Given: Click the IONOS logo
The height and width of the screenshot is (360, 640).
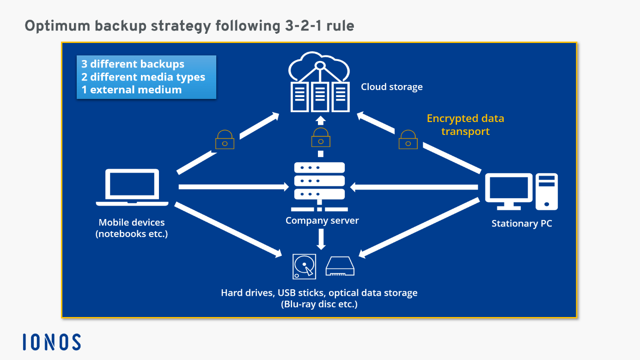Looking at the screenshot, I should click(x=52, y=342).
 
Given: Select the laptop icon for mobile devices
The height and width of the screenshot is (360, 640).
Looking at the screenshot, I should click(x=132, y=187).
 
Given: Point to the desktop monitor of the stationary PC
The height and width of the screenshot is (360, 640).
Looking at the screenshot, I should click(x=508, y=190).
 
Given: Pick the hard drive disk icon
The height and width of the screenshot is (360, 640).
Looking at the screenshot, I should click(x=305, y=266).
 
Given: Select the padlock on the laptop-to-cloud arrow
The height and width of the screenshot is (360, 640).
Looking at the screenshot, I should click(x=225, y=140).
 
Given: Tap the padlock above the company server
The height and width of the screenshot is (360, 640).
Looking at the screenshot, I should click(x=321, y=137).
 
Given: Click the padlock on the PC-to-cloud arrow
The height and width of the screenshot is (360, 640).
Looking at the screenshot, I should click(x=408, y=140).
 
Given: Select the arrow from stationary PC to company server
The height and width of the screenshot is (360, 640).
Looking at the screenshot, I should click(x=414, y=187).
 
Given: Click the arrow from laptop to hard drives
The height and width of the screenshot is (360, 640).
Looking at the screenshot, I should click(x=229, y=229).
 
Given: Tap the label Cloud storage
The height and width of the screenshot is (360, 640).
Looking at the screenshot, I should click(x=391, y=87).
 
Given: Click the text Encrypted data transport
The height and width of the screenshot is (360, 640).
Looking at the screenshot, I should click(x=465, y=125).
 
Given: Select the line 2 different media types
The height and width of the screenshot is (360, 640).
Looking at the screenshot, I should click(x=143, y=77).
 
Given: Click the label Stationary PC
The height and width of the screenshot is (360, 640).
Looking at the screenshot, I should click(x=521, y=224).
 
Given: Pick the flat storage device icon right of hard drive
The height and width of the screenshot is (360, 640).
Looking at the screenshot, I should click(x=340, y=267).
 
